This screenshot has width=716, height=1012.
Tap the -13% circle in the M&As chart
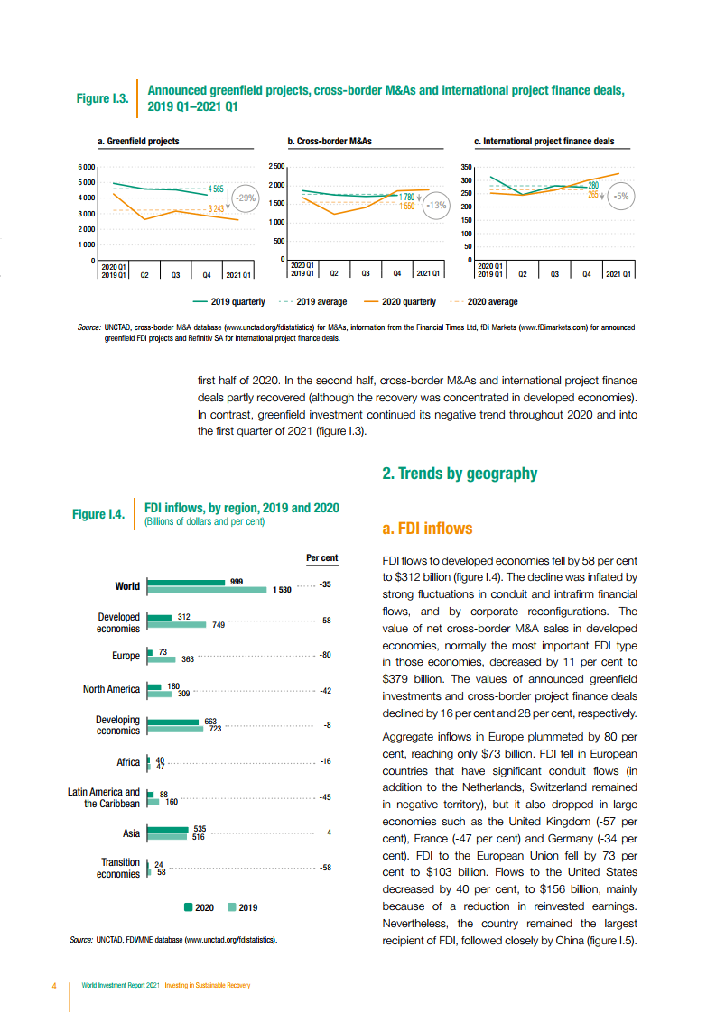437,205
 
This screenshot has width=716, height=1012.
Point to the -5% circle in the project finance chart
621,195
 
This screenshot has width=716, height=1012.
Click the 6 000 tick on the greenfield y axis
86,167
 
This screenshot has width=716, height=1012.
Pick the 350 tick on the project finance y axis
467,167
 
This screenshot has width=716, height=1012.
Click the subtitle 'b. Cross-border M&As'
330,142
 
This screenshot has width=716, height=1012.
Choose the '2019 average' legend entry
312,302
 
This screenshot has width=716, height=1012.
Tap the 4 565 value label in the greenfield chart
216,189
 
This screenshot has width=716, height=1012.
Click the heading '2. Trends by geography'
460,474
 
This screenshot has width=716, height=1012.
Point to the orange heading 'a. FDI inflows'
427,529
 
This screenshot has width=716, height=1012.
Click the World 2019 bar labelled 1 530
205,590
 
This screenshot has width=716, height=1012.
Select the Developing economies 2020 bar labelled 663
172,722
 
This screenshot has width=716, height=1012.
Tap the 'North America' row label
111,689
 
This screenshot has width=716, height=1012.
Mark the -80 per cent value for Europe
326,656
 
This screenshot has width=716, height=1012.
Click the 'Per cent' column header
321,557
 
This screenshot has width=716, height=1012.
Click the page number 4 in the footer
54,985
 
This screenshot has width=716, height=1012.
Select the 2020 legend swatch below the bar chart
188,907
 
